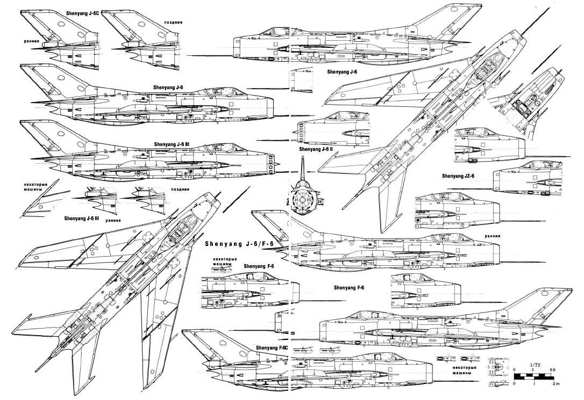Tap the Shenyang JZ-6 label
click(458, 176)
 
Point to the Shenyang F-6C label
click(273, 348)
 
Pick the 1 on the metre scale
click(535, 384)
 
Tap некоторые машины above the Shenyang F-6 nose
click(222, 262)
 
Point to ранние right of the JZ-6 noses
click(492, 236)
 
